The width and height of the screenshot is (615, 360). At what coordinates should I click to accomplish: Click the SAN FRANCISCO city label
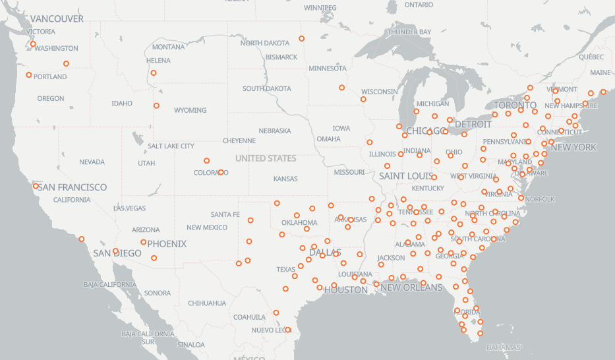pyautogui.click(x=72, y=187)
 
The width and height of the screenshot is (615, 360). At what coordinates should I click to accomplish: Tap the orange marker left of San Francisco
pyautogui.click(x=36, y=186)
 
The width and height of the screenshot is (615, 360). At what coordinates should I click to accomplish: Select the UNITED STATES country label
pyautogui.click(x=266, y=158)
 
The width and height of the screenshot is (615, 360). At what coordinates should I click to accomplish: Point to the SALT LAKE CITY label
pyautogui.click(x=171, y=146)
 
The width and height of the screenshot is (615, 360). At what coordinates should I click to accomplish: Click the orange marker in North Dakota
pyautogui.click(x=302, y=38)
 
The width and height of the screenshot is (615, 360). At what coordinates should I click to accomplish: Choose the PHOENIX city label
pyautogui.click(x=167, y=244)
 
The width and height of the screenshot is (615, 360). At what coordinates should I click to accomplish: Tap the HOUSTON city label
pyautogui.click(x=346, y=289)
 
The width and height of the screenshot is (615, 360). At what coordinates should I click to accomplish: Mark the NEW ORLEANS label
pyautogui.click(x=412, y=287)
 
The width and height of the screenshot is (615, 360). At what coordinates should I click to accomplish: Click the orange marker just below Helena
pyautogui.click(x=154, y=73)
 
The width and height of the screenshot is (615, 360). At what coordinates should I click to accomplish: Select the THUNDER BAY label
pyautogui.click(x=409, y=32)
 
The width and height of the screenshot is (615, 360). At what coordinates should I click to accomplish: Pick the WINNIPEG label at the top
pyautogui.click(x=320, y=8)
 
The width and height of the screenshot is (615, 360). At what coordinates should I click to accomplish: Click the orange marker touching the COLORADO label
pyautogui.click(x=221, y=172)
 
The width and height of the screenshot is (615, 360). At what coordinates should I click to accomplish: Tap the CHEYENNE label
pyautogui.click(x=239, y=140)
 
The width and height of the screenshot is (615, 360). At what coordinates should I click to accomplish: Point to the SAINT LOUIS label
pyautogui.click(x=405, y=176)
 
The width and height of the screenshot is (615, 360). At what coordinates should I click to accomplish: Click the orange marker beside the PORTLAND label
pyautogui.click(x=29, y=75)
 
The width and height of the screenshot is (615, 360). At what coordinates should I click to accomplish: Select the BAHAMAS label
pyautogui.click(x=503, y=347)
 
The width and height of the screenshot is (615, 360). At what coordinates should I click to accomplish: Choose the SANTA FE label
pyautogui.click(x=225, y=214)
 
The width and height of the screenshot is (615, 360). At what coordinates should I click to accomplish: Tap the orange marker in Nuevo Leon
pyautogui.click(x=288, y=330)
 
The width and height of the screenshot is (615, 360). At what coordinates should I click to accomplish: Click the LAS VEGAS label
pyautogui.click(x=130, y=208)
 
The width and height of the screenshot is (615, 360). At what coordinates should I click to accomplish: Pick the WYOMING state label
pyautogui.click(x=190, y=110)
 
